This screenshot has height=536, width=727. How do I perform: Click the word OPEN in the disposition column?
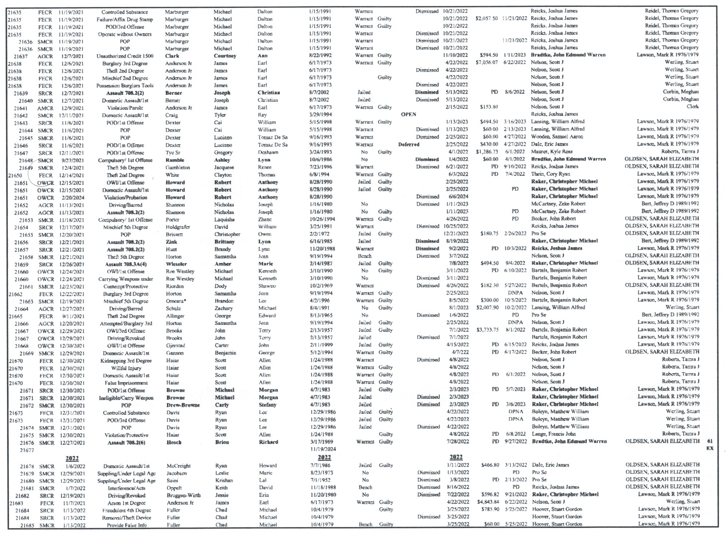point(408,114)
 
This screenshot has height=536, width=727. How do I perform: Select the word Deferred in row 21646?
point(408,145)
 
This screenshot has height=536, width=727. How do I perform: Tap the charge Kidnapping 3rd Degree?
point(126,361)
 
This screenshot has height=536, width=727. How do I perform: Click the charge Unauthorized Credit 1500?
point(125,56)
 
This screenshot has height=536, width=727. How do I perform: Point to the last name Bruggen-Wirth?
point(183,495)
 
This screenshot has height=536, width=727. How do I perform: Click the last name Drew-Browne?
point(183,405)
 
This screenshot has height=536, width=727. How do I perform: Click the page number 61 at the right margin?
point(710,441)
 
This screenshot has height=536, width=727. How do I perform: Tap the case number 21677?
point(27,450)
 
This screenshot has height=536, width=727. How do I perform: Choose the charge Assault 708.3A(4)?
point(126,264)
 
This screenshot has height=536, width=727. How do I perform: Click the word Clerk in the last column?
point(692,106)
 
